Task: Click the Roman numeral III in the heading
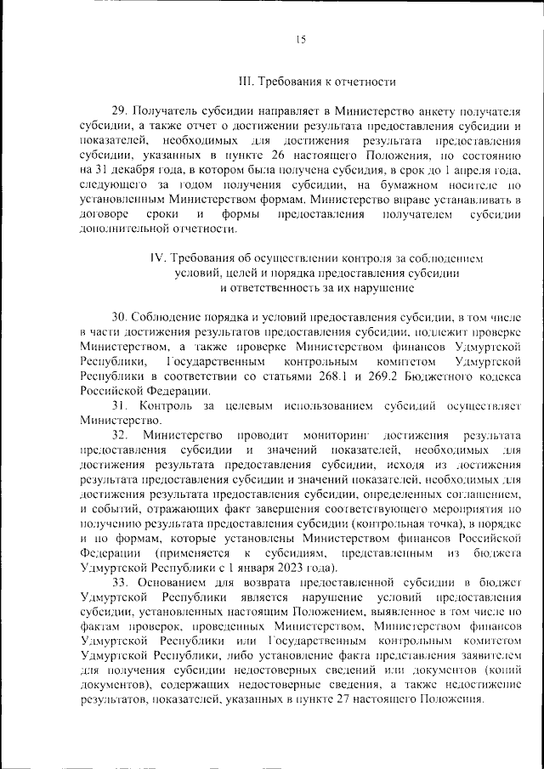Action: pos(246,82)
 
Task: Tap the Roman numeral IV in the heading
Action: pos(156,257)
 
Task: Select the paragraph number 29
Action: pos(120,110)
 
